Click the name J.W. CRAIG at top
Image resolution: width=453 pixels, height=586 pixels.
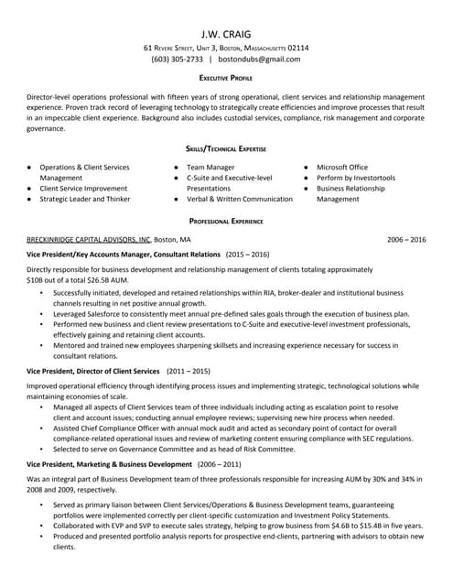point(226,30)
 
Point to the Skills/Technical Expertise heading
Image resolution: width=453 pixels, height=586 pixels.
point(226,147)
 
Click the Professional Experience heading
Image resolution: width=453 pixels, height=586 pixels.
point(226,221)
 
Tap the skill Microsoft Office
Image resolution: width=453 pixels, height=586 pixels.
point(342,168)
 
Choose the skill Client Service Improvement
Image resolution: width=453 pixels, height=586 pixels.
point(84,188)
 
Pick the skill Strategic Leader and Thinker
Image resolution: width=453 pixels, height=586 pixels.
point(85,199)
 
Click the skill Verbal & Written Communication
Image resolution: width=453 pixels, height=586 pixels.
point(240,199)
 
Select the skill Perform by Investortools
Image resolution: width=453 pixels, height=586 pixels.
point(356,178)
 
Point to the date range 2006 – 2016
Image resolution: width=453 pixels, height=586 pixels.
point(406,239)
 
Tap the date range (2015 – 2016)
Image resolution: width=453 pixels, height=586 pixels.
point(247,254)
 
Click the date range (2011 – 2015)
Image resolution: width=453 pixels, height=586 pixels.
point(188,371)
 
